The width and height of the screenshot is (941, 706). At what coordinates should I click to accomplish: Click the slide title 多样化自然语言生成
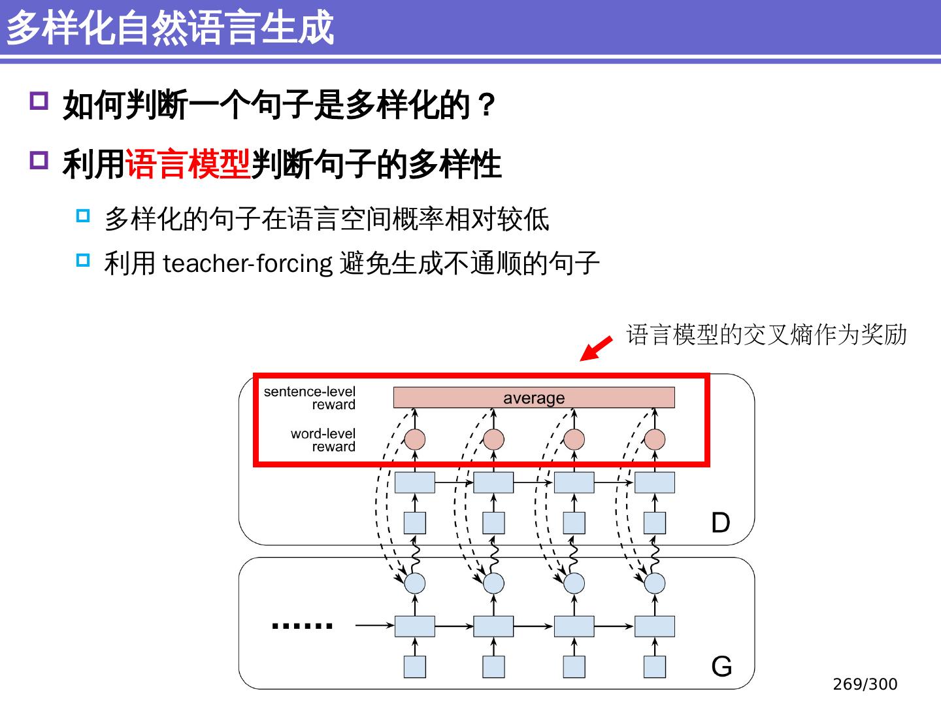click(170, 27)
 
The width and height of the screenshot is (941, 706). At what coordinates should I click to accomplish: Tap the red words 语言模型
click(188, 163)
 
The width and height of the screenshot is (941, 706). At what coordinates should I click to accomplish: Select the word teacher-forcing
click(248, 263)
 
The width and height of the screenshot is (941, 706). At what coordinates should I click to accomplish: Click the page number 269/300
click(865, 684)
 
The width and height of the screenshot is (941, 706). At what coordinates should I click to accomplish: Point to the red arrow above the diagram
click(596, 348)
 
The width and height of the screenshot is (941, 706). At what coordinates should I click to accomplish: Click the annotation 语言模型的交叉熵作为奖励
click(766, 335)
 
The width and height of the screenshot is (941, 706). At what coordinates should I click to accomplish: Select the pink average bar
click(533, 397)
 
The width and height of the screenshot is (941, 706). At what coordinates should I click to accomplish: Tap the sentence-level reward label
click(310, 397)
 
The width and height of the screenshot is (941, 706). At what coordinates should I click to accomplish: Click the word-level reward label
click(323, 440)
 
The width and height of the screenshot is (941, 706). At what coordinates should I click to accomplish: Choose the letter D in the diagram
click(720, 523)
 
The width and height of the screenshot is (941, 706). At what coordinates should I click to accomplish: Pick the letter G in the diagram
click(721, 667)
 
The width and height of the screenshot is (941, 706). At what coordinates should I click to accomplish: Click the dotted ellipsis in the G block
click(302, 626)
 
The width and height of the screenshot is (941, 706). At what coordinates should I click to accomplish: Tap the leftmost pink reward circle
click(415, 439)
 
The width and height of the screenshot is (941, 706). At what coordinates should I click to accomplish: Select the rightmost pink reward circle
click(655, 439)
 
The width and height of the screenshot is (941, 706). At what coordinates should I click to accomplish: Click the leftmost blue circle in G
click(415, 583)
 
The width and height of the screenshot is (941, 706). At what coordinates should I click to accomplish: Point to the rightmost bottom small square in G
click(655, 667)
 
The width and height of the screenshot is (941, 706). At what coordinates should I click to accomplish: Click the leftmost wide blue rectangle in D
click(415, 482)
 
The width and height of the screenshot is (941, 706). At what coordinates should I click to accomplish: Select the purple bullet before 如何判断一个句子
click(39, 101)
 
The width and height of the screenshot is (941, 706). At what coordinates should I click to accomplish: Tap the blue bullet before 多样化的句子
click(83, 216)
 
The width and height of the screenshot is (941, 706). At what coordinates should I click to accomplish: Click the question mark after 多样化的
click(486, 105)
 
